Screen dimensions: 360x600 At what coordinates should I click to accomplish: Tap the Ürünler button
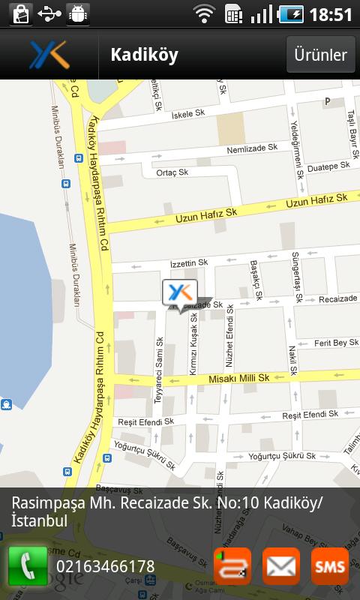click(320, 55)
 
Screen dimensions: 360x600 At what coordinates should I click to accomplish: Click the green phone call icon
click(28, 566)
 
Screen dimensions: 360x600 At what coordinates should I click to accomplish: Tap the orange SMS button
click(329, 566)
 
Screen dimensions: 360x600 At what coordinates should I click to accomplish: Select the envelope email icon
click(281, 566)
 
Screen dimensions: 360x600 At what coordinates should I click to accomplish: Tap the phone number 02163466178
click(105, 567)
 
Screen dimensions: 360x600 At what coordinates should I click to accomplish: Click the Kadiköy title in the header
click(144, 55)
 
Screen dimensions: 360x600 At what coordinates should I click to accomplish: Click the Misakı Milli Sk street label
click(238, 379)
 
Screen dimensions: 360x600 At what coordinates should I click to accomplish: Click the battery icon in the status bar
click(290, 14)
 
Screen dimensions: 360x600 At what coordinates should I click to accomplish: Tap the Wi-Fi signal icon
click(203, 14)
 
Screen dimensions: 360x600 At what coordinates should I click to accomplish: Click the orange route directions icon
click(232, 566)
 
